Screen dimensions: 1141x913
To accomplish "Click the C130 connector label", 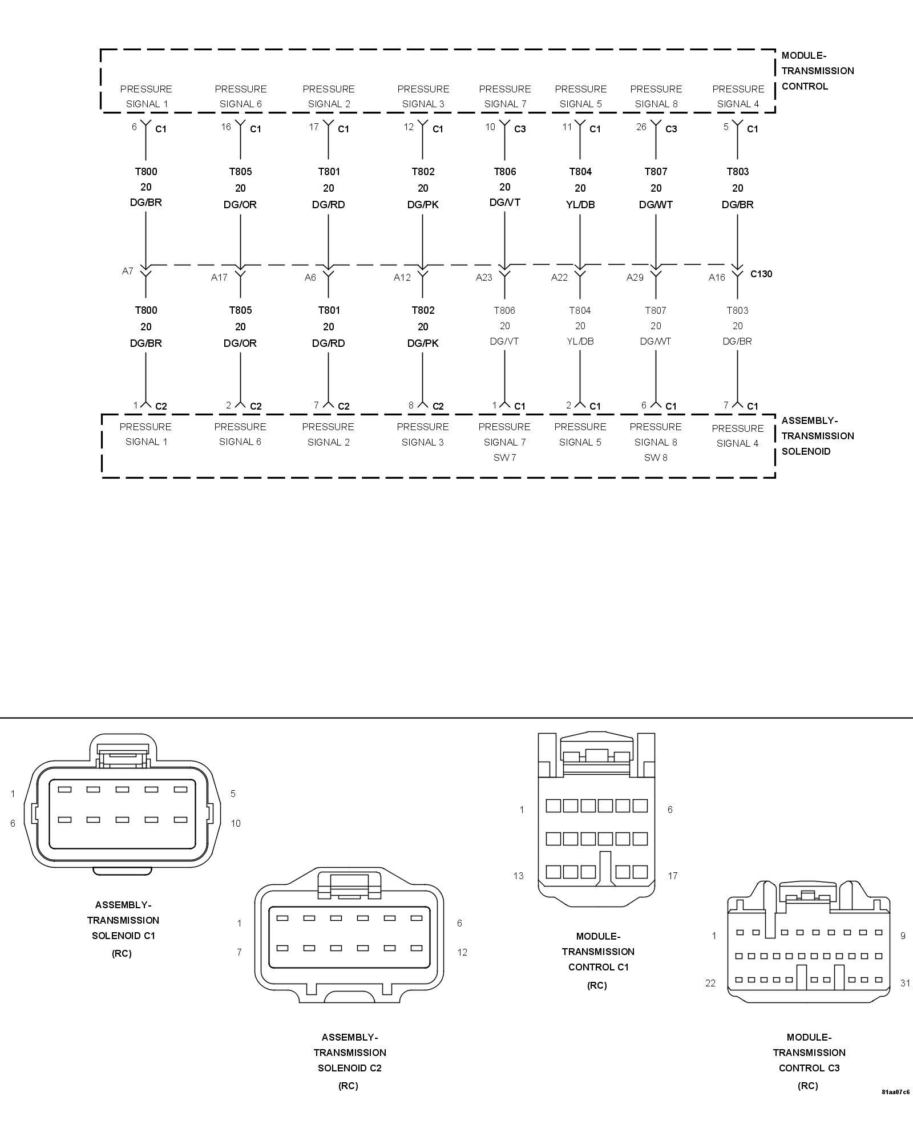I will coord(761,274).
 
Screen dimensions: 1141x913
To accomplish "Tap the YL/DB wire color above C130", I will coord(580,204).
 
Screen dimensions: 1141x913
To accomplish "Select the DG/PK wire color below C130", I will coord(422,343).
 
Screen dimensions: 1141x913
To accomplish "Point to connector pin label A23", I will coord(484,278).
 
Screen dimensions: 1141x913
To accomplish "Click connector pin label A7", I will coord(128,271).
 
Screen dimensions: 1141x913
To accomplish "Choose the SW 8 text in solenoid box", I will coord(656,458).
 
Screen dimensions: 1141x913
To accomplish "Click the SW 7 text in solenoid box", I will coord(504,458).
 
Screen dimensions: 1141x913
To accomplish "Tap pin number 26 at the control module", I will coord(641,127).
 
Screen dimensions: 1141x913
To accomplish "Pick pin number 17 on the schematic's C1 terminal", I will coord(314,127).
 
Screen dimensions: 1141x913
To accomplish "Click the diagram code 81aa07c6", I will coord(895,1092).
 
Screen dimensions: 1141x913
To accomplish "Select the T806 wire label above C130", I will coord(504,172).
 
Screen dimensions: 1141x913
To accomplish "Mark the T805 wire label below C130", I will coord(240,310).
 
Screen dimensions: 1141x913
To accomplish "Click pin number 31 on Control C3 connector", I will coord(905,983).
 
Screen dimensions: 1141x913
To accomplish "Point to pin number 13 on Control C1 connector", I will coord(518,876).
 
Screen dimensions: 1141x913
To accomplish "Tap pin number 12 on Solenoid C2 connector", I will coord(462,952).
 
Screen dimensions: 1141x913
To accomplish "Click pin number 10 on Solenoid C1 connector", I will coord(236,823).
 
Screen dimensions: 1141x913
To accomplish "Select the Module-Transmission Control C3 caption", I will coord(809,1053).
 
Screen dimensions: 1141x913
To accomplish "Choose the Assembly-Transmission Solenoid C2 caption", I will coord(349,1053).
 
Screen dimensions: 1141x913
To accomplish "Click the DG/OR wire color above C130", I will coord(240,204).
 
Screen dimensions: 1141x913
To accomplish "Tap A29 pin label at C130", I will coord(635,278).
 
